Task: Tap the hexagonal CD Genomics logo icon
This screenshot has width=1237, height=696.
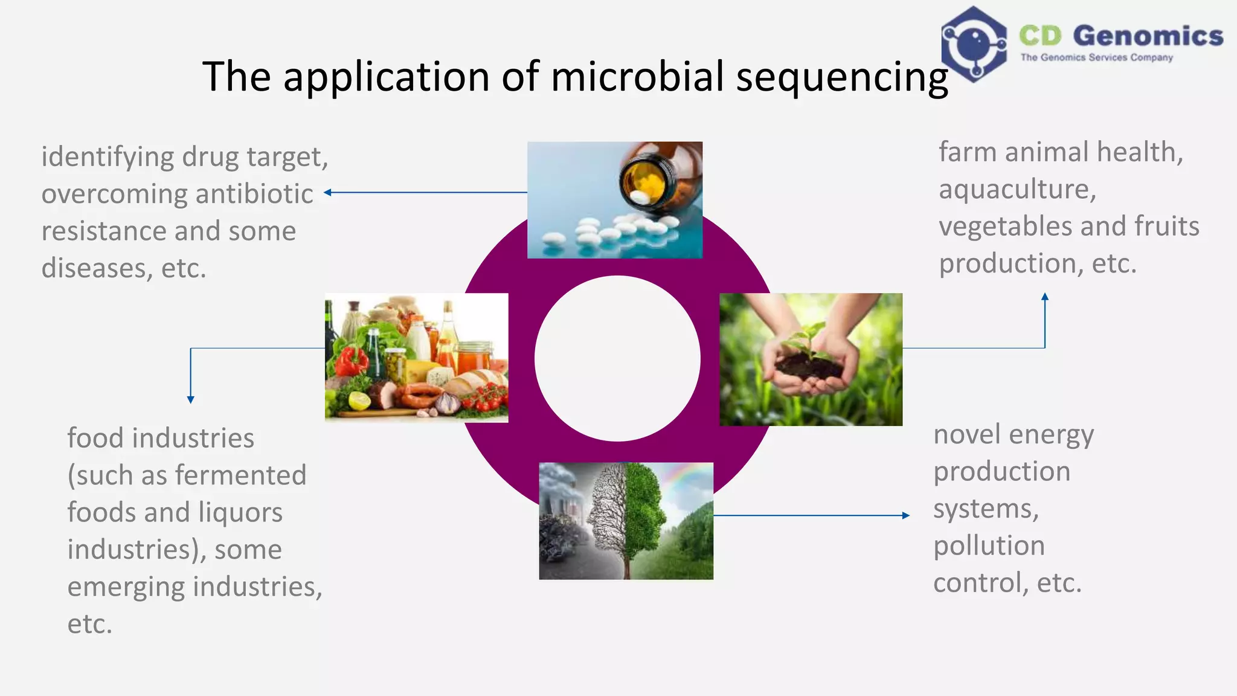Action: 973,44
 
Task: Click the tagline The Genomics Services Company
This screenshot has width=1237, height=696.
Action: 1096,57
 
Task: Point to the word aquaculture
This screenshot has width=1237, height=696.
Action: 1017,189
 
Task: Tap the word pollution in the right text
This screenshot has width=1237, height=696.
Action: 989,546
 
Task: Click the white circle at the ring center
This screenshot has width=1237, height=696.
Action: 617,358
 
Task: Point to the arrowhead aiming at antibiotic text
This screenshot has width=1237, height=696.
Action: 327,193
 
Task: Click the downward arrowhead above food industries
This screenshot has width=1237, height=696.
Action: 190,399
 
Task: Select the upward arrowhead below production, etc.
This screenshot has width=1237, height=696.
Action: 1045,297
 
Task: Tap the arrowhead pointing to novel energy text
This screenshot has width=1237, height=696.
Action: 905,515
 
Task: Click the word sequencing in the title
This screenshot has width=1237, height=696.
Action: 842,77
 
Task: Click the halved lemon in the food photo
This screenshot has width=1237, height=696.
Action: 359,401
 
